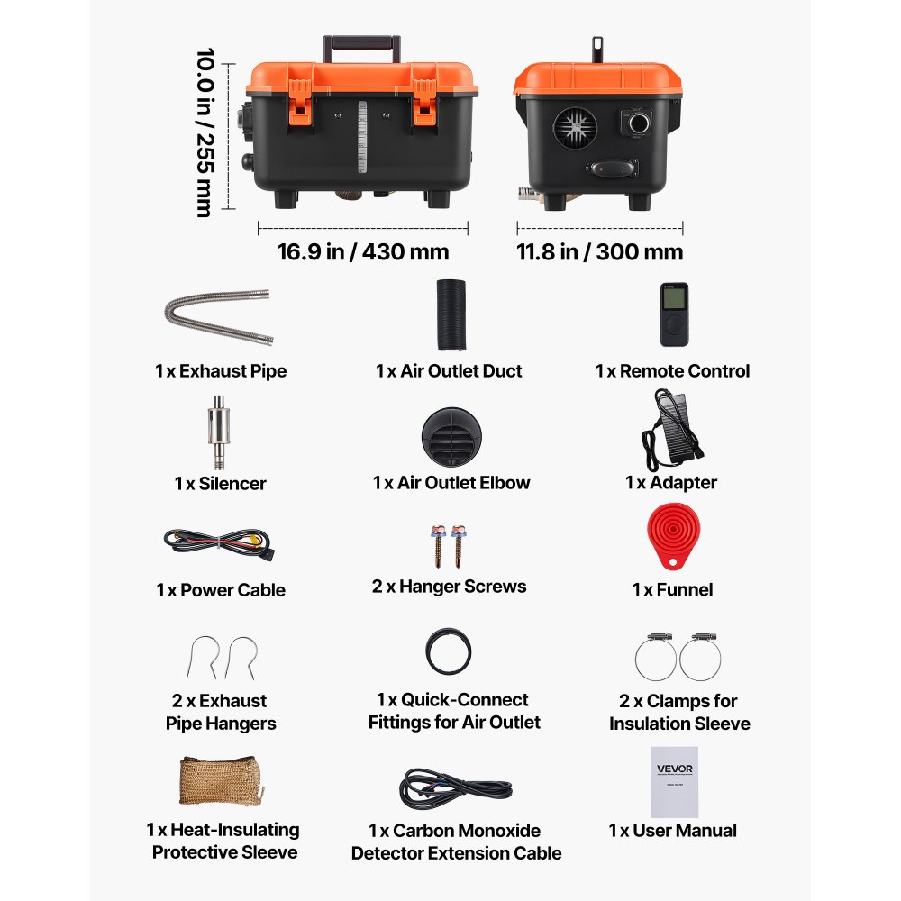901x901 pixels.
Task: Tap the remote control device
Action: click(x=673, y=314)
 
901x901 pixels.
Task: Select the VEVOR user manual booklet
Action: click(x=674, y=780)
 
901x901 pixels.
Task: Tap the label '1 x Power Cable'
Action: click(x=220, y=590)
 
